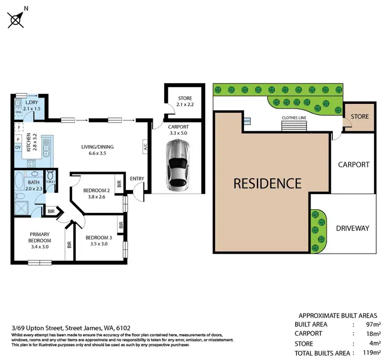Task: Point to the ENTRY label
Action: point(137,179)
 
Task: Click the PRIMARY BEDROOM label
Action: point(40,238)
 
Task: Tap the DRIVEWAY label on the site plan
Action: point(352,228)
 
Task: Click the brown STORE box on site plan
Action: point(359,117)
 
